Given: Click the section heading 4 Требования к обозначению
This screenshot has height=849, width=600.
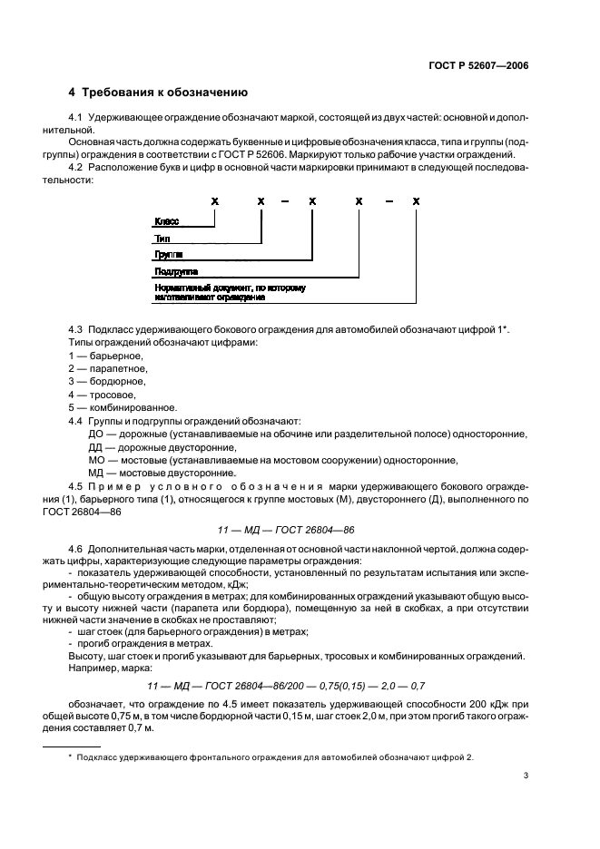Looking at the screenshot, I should [x=157, y=93].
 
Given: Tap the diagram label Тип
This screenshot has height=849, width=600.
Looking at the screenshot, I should [x=162, y=239].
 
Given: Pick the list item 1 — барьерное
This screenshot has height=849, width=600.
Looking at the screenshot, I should [x=105, y=356].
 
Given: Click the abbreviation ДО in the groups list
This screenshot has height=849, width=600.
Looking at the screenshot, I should [x=95, y=434].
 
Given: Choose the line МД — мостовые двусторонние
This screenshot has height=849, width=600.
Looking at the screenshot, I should [x=155, y=473].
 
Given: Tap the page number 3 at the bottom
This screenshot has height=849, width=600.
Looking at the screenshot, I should [x=526, y=775].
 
